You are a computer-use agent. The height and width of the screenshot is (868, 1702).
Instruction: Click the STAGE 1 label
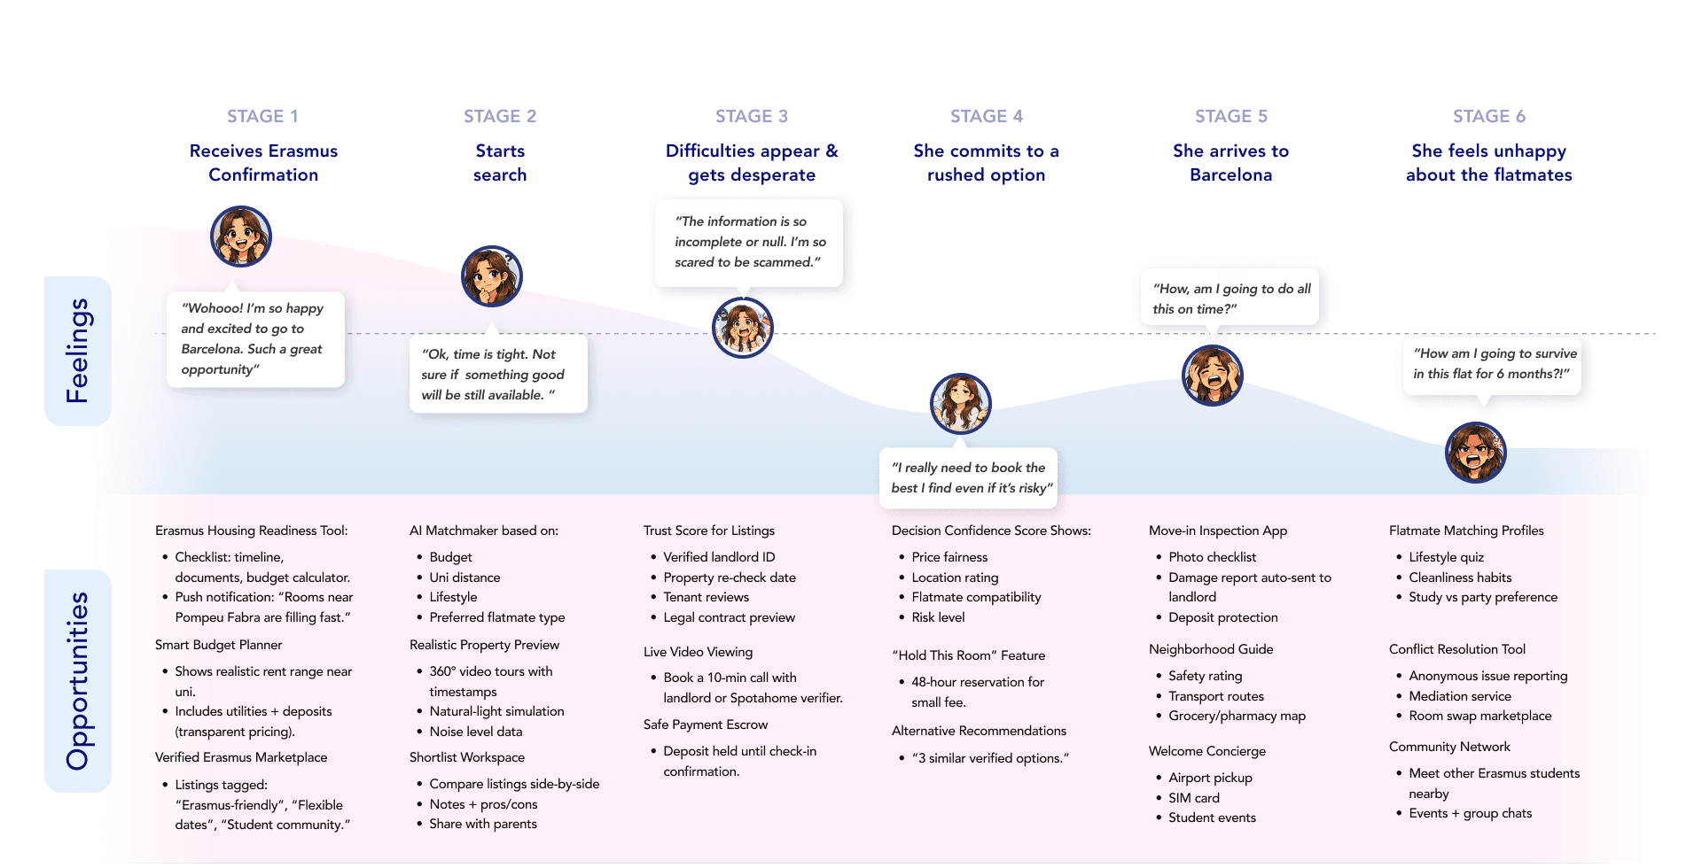tap(262, 116)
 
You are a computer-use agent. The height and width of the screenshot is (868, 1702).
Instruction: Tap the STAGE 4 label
tap(986, 116)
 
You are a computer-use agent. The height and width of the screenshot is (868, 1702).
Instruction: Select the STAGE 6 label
tap(1488, 116)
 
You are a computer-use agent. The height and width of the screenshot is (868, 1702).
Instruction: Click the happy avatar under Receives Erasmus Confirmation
tap(240, 236)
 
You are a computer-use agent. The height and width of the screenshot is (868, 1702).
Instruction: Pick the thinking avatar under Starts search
tap(492, 276)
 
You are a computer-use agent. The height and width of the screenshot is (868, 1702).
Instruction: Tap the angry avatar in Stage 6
tap(1475, 453)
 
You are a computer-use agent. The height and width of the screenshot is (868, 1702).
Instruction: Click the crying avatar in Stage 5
tap(1212, 376)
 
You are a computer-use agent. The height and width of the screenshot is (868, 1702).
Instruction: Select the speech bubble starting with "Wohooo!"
tap(255, 339)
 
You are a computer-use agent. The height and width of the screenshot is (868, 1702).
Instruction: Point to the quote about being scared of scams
tap(749, 242)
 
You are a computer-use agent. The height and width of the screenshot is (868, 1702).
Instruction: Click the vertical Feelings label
tap(78, 351)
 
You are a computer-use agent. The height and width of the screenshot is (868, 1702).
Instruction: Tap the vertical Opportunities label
tap(78, 680)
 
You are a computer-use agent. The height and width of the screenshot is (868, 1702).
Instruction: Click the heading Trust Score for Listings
tap(708, 531)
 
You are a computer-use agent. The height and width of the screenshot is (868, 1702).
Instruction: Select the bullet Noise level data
tap(475, 732)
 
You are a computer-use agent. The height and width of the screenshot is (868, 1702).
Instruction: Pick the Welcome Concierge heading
tap(1206, 751)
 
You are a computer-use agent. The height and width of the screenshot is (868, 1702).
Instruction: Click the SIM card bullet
tap(1193, 798)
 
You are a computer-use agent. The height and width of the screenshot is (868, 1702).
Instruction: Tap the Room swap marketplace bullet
tap(1479, 716)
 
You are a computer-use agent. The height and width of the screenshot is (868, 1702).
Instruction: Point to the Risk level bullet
tap(938, 617)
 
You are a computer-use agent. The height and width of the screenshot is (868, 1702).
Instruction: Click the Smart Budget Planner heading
tap(218, 645)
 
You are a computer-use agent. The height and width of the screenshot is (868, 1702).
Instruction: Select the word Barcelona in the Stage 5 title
tap(1230, 174)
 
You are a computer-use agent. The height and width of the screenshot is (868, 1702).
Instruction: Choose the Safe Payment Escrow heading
tap(705, 725)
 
